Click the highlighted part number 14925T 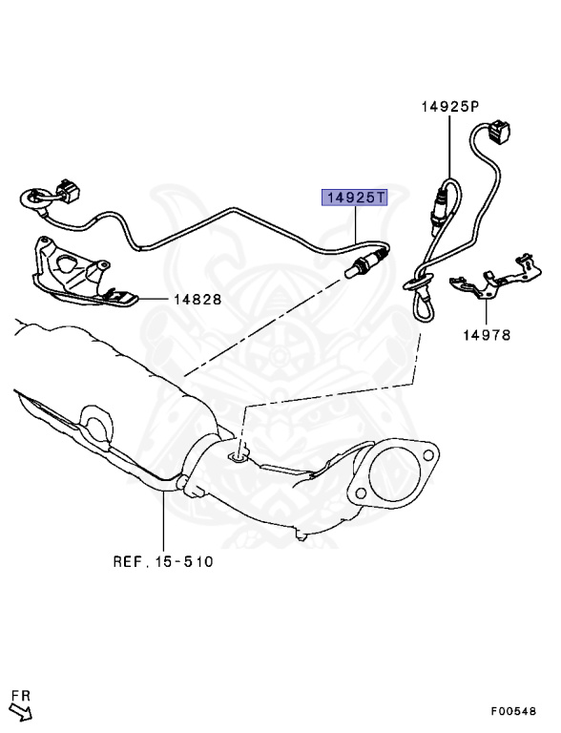coord(354,199)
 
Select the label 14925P coord(450,107)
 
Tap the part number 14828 coord(197,299)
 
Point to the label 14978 coord(488,335)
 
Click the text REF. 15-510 coord(163,561)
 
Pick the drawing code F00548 coord(513,711)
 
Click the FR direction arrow coord(22,712)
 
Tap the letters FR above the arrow coord(21,696)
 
